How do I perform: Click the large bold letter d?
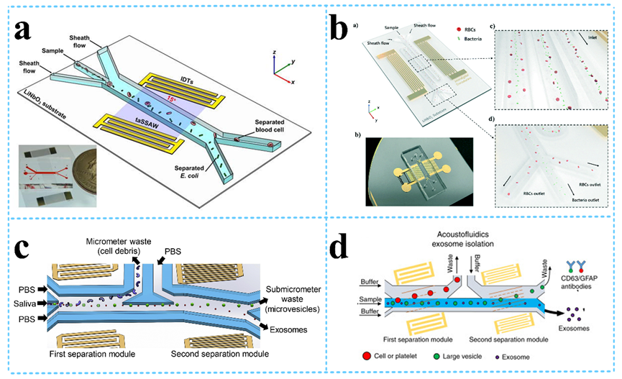344,248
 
